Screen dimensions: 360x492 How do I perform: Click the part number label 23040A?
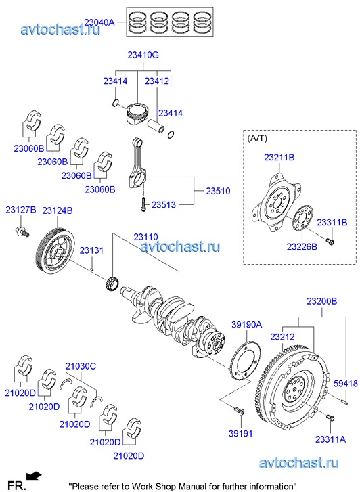(99, 22)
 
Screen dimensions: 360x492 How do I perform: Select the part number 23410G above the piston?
(143, 55)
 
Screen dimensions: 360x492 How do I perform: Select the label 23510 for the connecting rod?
(218, 191)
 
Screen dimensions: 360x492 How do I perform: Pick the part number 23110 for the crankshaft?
(145, 237)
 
